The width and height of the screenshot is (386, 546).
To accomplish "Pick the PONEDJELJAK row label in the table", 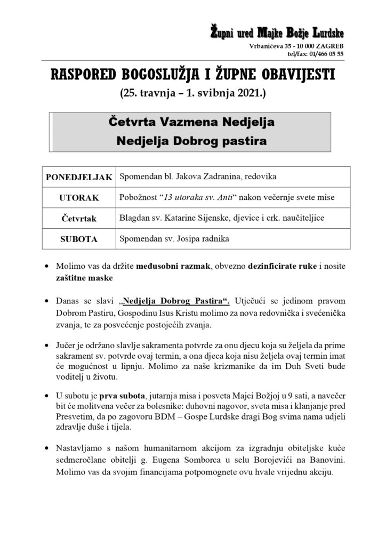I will pos(78,176).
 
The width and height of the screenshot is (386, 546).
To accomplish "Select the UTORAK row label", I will pos(78,198).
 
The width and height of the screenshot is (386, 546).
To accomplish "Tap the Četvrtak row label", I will pos(78,218).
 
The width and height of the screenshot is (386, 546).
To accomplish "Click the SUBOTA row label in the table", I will pos(78,239).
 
